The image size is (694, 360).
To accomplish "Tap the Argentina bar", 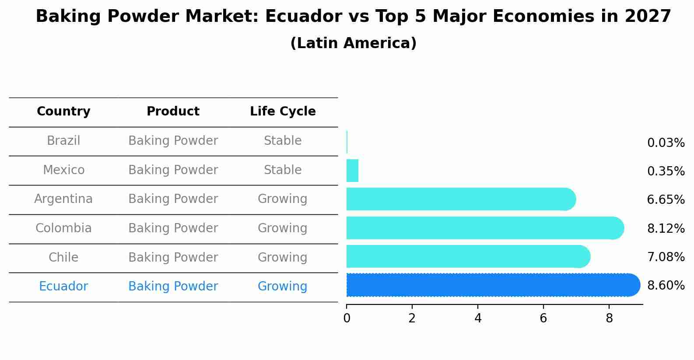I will (x=459, y=199).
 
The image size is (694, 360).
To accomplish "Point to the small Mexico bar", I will (x=352, y=171).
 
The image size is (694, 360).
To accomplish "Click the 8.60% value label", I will (x=666, y=286).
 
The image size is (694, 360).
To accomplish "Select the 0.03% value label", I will (x=666, y=143).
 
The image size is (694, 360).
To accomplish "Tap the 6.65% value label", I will (x=666, y=200).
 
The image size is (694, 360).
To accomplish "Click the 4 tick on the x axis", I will (x=478, y=318).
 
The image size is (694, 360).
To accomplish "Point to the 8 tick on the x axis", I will (x=609, y=318).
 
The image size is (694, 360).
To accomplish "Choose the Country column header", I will (x=63, y=112).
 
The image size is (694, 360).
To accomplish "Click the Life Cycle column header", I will (x=283, y=112).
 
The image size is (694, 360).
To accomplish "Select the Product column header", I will (x=173, y=112).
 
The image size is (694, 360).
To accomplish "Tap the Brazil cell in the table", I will (x=63, y=141).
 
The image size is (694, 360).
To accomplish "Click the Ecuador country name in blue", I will (x=63, y=287).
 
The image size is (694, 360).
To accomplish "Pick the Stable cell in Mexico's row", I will (x=283, y=170).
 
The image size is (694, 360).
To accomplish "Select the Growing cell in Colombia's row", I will (x=283, y=228).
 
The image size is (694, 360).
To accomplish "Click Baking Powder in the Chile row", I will (x=173, y=258).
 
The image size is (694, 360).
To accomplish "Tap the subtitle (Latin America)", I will (x=353, y=43).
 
